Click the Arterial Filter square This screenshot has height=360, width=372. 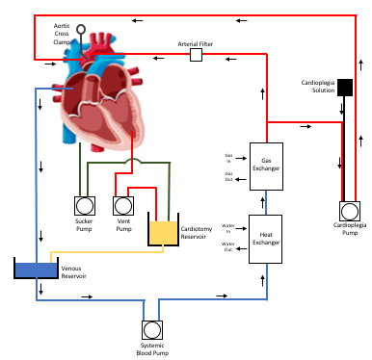coord(196,55)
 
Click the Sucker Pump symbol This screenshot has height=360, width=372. coord(85,206)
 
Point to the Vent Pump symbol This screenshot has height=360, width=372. coord(123,206)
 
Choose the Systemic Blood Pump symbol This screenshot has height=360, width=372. coord(152,330)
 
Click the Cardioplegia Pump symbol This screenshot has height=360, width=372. coord(350,211)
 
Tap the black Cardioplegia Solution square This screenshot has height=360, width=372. coord(345,88)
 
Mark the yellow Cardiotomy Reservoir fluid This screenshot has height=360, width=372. coord(163,233)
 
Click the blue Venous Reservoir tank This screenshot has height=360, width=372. coord(37,270)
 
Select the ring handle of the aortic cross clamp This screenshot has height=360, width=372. coord(81,30)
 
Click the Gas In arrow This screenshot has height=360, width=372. coord(241,158)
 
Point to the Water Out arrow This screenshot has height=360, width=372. coord(241,248)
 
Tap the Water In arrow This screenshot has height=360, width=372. coord(241,228)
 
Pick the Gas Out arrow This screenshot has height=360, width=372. coord(240,179)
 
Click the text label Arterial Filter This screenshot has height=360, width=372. coord(196,44)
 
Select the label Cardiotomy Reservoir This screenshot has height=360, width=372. coord(197,233)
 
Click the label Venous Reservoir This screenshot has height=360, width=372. coord(73,272)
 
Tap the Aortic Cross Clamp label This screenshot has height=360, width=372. coord(62,34)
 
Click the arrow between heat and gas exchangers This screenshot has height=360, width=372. coord(263,203)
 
